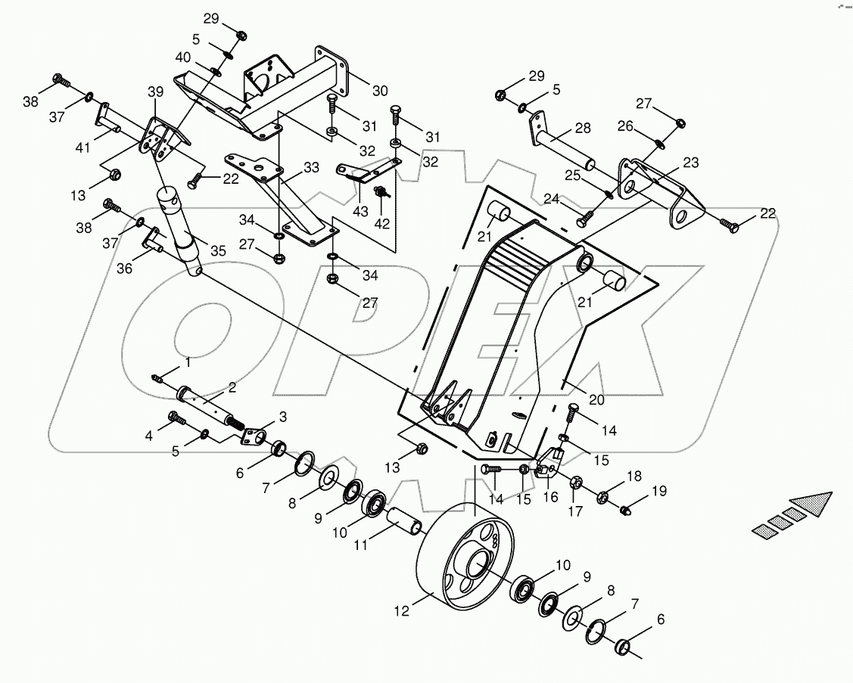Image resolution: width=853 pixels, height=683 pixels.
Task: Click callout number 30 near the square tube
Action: point(379,90)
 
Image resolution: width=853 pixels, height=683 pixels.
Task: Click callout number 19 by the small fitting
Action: point(659,491)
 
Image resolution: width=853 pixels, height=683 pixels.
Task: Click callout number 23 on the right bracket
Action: point(690,162)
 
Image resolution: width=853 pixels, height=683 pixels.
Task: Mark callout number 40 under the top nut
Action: point(183,57)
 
